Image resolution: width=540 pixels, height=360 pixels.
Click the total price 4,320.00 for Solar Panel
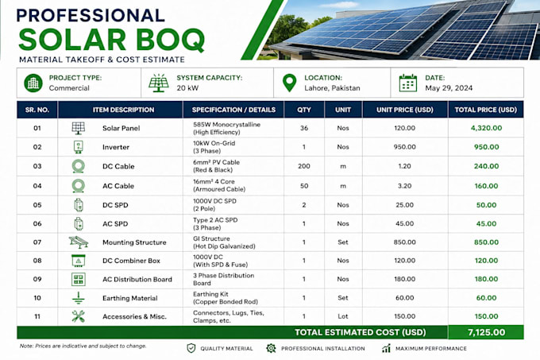486,128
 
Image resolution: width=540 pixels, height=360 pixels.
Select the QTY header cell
304,110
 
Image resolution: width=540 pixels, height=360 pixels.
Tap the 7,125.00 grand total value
486,332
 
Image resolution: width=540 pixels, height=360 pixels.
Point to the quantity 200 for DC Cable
304,166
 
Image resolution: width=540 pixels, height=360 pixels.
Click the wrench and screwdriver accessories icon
78,316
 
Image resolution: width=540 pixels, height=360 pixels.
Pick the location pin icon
289,83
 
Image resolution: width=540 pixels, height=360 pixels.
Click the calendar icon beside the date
407,83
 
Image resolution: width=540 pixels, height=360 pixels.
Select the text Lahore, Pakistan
332,88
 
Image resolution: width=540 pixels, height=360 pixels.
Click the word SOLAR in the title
73,40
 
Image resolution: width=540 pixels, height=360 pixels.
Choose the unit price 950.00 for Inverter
405,147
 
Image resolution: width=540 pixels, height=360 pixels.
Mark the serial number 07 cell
37,242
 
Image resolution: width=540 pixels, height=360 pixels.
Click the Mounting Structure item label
134,242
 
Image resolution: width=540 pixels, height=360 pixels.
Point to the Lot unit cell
343,316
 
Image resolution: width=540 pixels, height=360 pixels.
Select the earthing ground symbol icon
78,298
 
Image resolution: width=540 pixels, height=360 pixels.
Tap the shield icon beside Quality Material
191,348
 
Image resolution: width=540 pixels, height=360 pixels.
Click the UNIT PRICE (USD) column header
405,110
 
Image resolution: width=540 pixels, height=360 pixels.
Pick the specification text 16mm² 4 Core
214,181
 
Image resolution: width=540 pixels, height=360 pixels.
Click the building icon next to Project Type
33,83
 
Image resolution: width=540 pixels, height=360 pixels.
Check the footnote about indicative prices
83,346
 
